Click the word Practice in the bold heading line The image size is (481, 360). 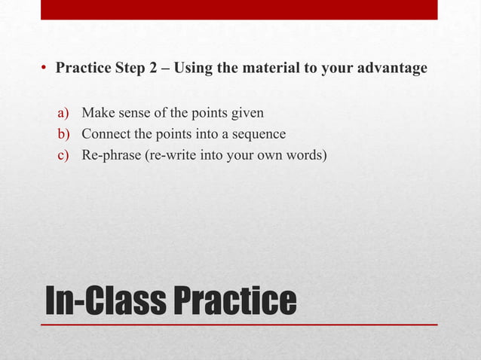pos(83,69)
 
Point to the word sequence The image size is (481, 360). pos(259,135)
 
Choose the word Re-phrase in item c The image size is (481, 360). pos(110,156)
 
